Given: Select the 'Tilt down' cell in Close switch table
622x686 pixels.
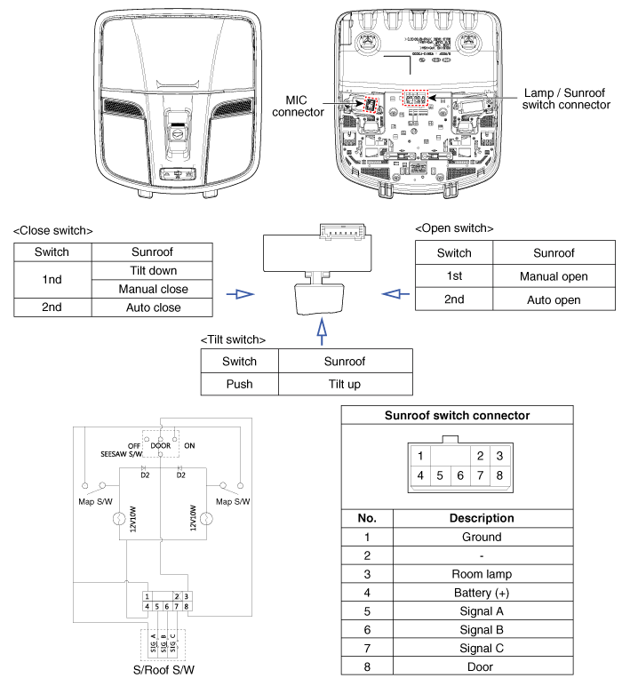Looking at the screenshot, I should pos(153,270).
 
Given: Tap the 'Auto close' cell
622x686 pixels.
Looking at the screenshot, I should pos(153,307).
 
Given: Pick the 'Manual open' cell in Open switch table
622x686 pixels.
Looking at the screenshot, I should pos(554,276).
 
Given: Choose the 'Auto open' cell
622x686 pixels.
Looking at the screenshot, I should pos(554,299).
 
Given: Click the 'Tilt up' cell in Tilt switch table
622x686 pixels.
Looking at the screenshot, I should pos(346,384).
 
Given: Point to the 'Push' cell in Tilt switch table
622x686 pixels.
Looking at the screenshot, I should pos(240,384).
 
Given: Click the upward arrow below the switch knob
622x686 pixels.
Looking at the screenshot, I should pos(322,333).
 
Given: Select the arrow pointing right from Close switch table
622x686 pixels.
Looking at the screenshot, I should pos(239,293).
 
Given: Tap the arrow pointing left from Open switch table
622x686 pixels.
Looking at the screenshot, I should pos(392,293).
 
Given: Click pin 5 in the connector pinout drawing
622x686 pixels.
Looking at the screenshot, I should pos(439,475).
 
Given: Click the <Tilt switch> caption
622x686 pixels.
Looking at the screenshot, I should pos(234,340).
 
